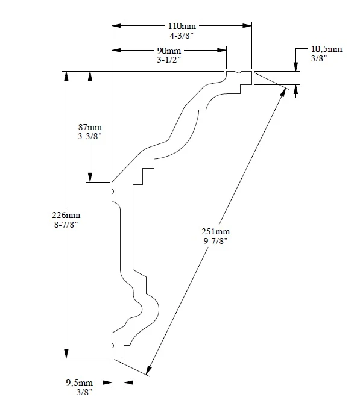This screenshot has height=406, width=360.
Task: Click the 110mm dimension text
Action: click(x=181, y=27)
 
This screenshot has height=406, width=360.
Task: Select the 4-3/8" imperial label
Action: click(x=181, y=36)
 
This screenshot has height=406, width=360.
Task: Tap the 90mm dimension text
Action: click(x=169, y=51)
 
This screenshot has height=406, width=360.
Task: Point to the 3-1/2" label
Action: click(x=169, y=60)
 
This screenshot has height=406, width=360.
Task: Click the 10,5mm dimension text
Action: click(x=327, y=49)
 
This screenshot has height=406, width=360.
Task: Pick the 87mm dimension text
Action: click(x=90, y=128)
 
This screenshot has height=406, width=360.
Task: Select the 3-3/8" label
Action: click(x=90, y=137)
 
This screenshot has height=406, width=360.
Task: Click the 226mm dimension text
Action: click(x=67, y=215)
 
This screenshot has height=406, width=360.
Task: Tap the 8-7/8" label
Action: click(x=67, y=224)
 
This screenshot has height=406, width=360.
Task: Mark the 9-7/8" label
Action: click(x=217, y=241)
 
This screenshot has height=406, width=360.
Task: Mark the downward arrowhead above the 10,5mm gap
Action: click(x=295, y=67)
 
